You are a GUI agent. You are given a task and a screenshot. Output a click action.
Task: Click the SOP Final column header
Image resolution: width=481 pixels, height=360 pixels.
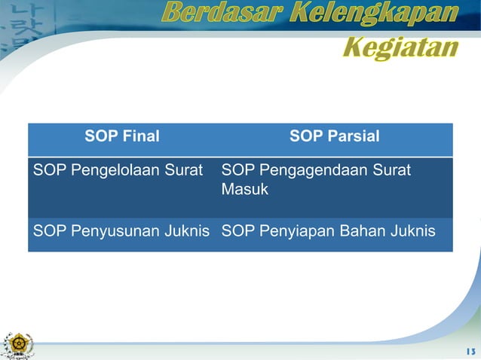122,137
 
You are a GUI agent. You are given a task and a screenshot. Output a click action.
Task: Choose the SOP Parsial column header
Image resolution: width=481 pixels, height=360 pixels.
334,137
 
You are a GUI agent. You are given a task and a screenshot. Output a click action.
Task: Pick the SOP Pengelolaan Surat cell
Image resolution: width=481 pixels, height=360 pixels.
118,171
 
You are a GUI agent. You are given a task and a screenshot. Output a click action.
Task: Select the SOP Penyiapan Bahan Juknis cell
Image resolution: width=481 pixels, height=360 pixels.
328,231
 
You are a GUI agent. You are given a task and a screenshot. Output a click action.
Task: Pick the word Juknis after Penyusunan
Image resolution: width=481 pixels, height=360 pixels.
190,231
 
